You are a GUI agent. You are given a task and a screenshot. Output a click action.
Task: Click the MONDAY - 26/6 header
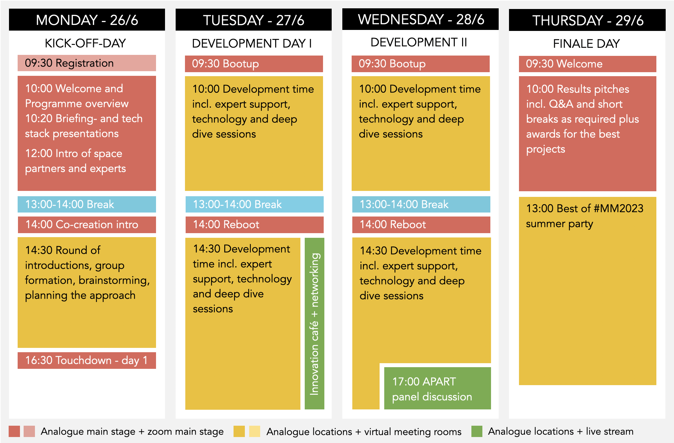tap(87, 20)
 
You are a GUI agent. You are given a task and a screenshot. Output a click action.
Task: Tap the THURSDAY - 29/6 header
tap(587, 20)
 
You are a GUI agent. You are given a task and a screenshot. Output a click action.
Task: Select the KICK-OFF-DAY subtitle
tap(85, 43)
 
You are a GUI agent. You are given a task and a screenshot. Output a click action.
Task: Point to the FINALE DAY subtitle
tap(586, 44)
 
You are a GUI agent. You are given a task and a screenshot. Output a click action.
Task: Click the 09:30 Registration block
tap(87, 63)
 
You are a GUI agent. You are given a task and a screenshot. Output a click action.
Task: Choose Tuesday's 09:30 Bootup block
tap(254, 64)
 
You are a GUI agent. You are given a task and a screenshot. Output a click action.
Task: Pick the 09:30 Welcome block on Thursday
tap(588, 64)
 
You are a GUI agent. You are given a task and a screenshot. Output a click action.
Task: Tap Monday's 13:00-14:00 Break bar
tap(87, 204)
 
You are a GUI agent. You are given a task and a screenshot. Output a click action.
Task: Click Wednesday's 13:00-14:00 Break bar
tap(421, 204)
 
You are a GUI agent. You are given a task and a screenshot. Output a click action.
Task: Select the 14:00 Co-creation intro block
tap(87, 225)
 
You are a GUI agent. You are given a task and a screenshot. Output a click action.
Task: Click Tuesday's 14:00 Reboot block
tap(254, 225)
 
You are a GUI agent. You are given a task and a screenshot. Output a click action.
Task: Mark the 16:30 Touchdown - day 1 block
tap(87, 361)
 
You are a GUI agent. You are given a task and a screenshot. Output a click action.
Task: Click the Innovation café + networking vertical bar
tap(314, 324)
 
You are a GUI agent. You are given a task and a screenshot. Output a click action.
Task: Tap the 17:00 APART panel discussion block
tap(437, 388)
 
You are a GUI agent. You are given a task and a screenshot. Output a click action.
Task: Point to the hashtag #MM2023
tap(618, 209)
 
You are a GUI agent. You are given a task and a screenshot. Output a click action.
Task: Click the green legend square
tap(477, 431)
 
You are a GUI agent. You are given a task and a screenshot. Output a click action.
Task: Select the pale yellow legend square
tap(254, 431)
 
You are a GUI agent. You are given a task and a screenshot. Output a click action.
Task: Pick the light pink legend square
tap(29, 431)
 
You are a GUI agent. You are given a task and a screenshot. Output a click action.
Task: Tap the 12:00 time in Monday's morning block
tap(39, 153)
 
